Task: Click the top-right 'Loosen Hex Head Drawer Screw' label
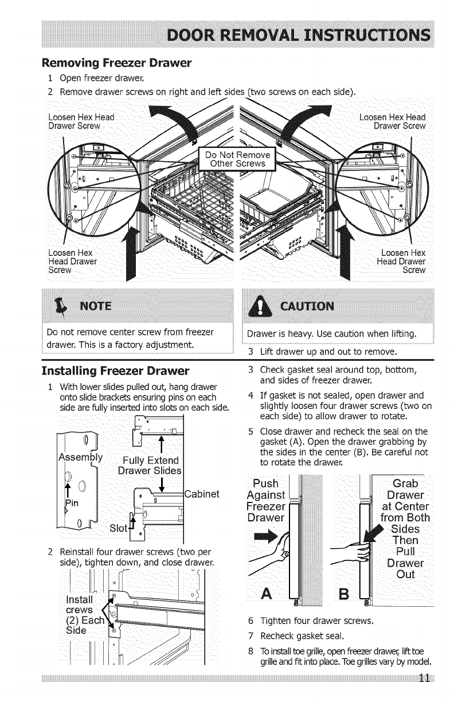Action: click(392, 121)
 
